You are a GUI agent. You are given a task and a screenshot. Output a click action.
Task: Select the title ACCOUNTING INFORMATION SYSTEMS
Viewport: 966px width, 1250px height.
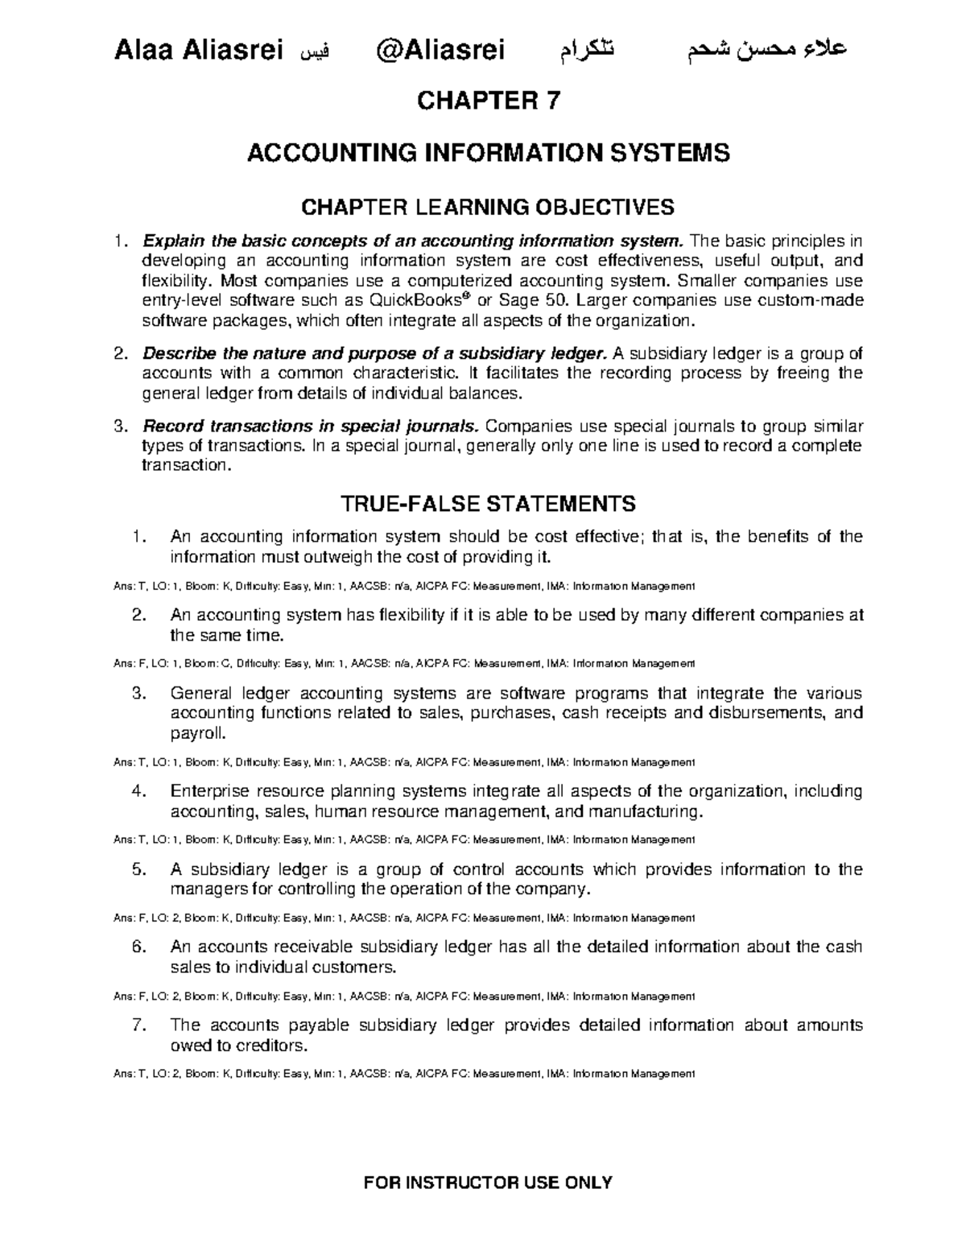[488, 152]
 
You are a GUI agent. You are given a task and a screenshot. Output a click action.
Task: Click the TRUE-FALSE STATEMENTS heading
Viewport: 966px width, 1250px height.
[488, 504]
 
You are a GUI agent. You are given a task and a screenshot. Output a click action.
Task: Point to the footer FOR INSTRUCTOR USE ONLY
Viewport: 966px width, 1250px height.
[488, 1182]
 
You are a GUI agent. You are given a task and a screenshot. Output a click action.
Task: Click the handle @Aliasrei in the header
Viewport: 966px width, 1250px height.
[440, 51]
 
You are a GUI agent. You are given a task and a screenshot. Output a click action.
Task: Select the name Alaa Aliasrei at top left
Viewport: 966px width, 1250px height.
[199, 51]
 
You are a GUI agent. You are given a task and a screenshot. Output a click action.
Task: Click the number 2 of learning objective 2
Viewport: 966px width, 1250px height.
[120, 353]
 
